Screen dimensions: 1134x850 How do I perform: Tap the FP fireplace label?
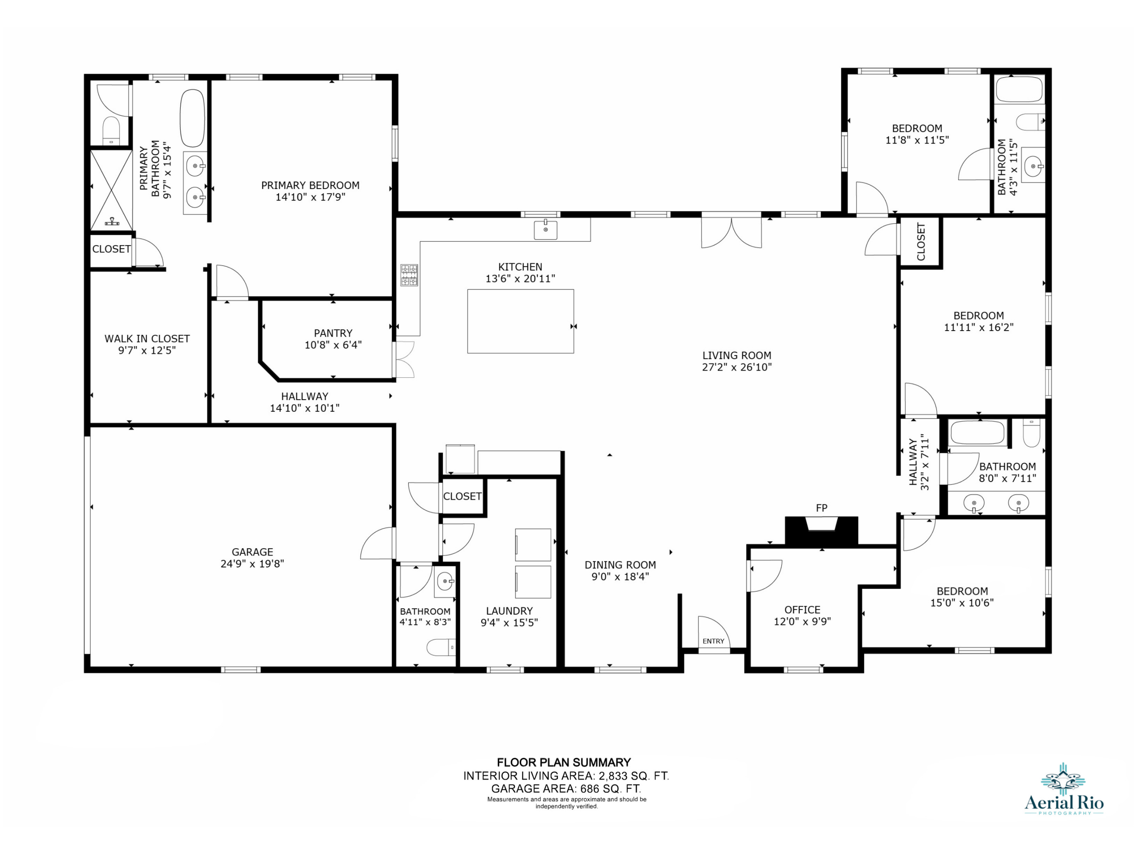(821, 508)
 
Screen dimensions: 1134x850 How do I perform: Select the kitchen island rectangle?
(521, 321)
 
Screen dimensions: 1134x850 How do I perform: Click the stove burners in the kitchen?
(409, 275)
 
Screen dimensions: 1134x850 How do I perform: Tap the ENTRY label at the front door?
(713, 641)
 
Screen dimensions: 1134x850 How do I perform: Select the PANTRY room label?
(333, 333)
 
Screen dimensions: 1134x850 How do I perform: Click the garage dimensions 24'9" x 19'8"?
(252, 564)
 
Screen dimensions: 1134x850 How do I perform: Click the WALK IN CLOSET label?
(147, 338)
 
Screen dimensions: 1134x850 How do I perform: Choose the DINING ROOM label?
(620, 565)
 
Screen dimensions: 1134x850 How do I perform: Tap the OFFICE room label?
(802, 610)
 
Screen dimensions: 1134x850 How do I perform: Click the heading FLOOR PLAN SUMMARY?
(564, 762)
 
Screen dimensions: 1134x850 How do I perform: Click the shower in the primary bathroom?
(111, 190)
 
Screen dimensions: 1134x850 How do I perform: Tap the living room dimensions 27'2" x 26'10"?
(737, 367)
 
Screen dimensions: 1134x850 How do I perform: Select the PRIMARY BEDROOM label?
(310, 185)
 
